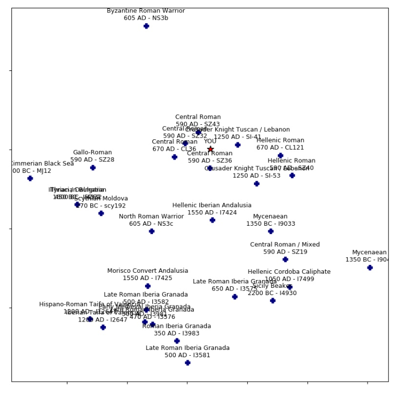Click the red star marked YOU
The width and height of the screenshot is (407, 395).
coord(210,149)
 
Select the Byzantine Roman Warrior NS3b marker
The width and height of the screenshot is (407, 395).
coord(146,26)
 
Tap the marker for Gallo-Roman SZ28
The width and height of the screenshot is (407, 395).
coord(93,168)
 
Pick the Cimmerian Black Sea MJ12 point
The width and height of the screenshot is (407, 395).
coord(30,179)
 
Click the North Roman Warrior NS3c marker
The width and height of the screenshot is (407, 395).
coord(151,231)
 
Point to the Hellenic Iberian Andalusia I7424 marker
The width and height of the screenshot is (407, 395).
coord(212,220)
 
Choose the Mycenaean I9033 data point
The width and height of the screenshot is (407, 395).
coord(271,231)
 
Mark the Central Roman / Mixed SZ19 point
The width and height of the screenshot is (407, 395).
coord(285,259)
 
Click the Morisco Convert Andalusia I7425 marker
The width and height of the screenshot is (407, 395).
coord(148,286)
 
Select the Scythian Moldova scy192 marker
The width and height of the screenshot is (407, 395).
coord(101,213)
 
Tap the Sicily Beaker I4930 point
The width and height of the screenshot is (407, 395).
coord(273,301)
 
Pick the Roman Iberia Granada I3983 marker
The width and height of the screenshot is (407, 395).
coord(177,341)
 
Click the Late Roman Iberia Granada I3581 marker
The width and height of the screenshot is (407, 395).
coord(188,363)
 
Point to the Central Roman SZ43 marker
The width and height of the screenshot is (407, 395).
coord(198,133)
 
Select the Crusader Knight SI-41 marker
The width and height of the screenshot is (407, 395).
coord(237,145)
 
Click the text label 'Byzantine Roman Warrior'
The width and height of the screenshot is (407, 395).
coord(146,11)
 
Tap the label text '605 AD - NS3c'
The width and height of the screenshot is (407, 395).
coord(151,224)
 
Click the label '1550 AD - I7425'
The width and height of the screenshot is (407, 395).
coord(148,278)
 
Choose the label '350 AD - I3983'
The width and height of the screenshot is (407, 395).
coord(177,333)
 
